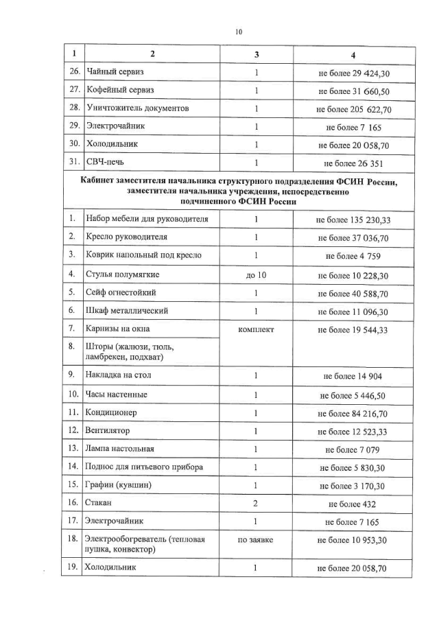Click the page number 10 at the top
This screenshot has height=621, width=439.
tap(238, 32)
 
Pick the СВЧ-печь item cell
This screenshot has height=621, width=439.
tap(106, 163)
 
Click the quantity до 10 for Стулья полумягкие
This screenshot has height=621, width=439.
tap(255, 274)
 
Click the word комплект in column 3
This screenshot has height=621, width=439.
tap(255, 329)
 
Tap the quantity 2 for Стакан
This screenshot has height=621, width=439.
tap(255, 503)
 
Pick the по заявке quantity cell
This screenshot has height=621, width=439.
tap(255, 540)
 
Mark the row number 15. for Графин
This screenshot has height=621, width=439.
tap(71, 485)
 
